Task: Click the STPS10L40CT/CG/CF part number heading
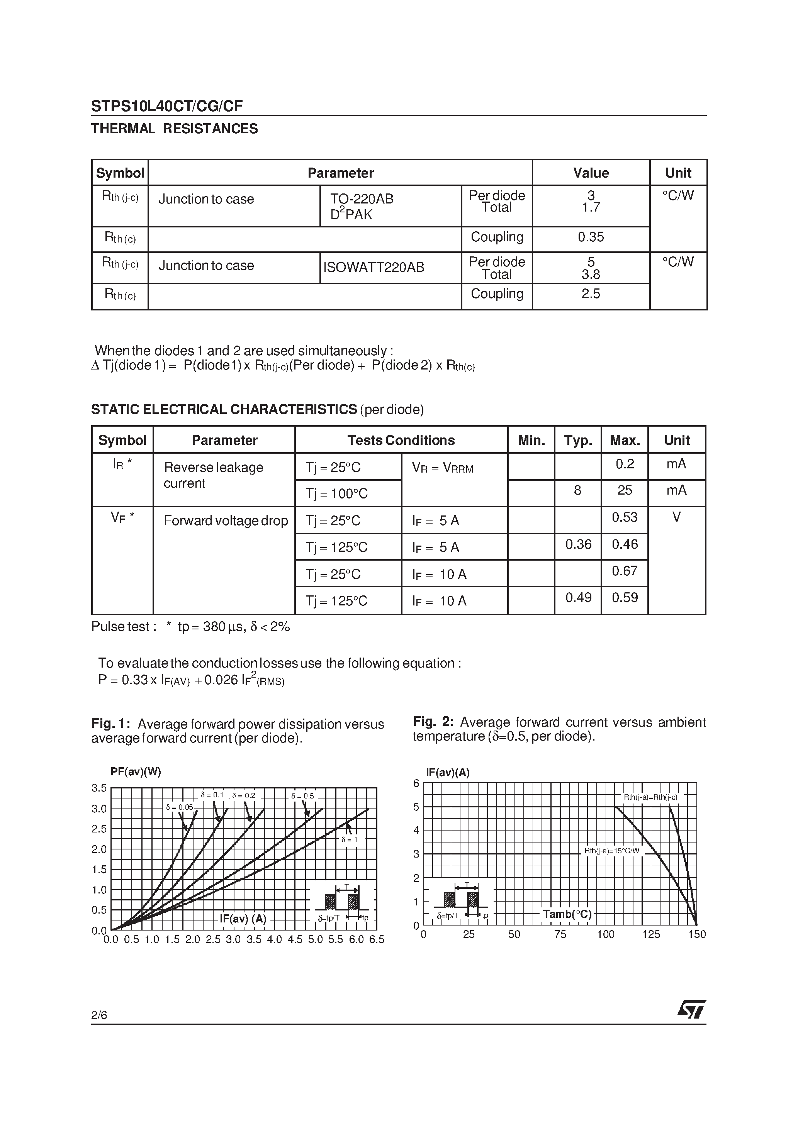click(167, 106)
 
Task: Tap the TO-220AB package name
click(362, 199)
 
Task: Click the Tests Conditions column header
click(401, 440)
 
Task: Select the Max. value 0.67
click(624, 571)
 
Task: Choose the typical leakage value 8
click(577, 490)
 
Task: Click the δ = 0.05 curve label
click(180, 807)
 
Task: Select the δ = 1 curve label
click(349, 839)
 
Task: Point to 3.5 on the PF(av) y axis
click(99, 788)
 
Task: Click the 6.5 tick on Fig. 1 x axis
click(376, 940)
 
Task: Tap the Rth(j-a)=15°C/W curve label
click(611, 851)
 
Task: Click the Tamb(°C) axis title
click(567, 914)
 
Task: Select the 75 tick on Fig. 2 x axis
click(560, 934)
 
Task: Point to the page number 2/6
click(99, 1015)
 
